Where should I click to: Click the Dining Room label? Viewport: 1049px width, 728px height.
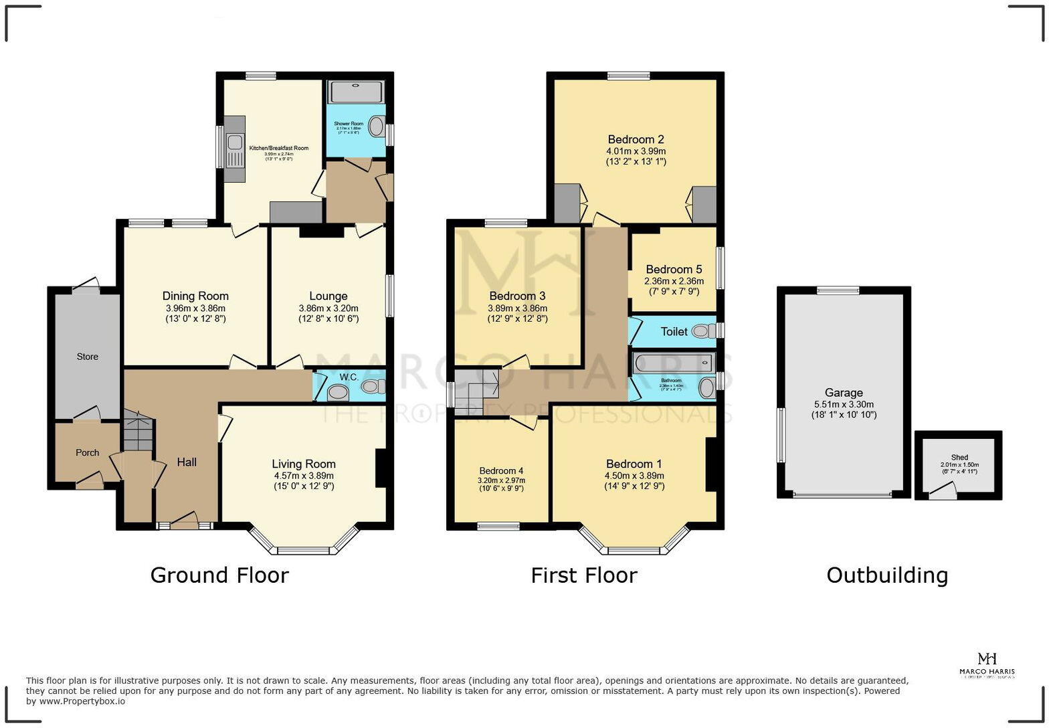coord(195,296)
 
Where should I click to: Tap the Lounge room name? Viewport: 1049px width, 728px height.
coord(328,296)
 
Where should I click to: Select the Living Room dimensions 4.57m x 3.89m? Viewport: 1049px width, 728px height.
coord(303,476)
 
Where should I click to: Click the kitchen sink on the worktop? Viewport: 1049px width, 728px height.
coord(235,143)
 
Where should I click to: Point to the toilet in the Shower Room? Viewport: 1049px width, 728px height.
coord(377,126)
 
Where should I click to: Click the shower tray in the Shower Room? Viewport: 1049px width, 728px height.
coord(356,92)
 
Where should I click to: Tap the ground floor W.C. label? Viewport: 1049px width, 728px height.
coord(349,377)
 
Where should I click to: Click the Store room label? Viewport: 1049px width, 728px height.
coord(87,357)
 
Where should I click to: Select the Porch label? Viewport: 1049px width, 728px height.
coord(87,453)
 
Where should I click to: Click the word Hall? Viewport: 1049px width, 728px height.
coord(187,462)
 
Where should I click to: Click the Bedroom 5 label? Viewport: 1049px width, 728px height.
coord(674,270)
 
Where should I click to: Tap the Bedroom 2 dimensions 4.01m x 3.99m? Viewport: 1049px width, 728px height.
coord(636,151)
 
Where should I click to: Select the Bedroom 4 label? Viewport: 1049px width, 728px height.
coord(501,470)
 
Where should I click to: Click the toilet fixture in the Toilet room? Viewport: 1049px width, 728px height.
coord(701,331)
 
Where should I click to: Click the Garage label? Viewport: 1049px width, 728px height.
coord(843,393)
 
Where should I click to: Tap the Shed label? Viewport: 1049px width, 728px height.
coord(959,458)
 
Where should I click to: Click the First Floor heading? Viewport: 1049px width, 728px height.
coord(583,575)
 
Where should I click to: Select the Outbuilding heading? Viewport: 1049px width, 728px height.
coord(886,575)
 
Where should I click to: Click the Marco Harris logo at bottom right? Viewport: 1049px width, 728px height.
coord(987,665)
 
